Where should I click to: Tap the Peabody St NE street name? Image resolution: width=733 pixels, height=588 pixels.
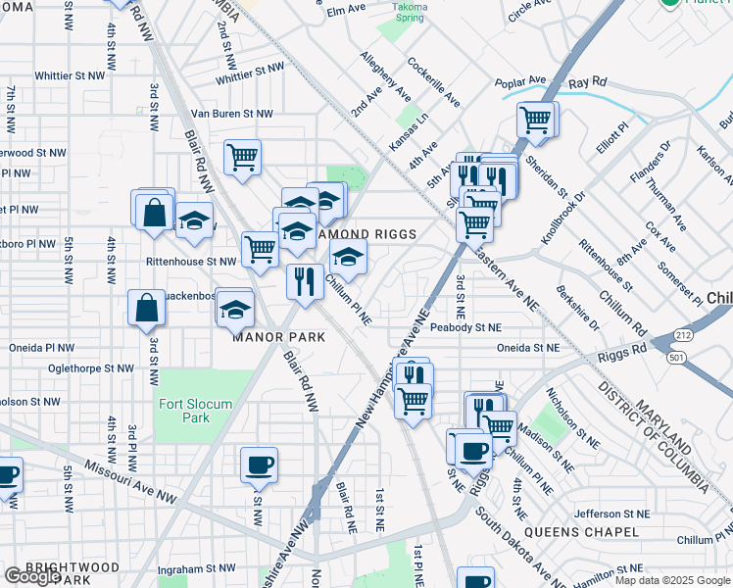click(x=464, y=327)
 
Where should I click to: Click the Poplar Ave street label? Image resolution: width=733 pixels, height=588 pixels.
click(x=519, y=81)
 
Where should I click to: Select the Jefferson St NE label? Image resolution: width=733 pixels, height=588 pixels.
click(x=611, y=514)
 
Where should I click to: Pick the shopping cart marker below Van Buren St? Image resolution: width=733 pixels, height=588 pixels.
click(x=241, y=156)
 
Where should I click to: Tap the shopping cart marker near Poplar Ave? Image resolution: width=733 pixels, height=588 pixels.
click(x=535, y=121)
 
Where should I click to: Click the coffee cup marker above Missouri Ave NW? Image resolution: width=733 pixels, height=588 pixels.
click(x=259, y=465)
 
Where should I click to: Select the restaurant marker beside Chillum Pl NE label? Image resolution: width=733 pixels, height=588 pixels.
click(x=305, y=280)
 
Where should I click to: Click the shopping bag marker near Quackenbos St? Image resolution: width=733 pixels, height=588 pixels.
click(x=146, y=308)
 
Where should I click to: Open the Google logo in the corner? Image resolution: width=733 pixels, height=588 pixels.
click(x=32, y=576)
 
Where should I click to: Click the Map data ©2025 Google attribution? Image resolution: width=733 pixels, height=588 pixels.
click(x=671, y=580)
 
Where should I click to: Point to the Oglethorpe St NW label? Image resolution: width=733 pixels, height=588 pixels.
click(x=89, y=368)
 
